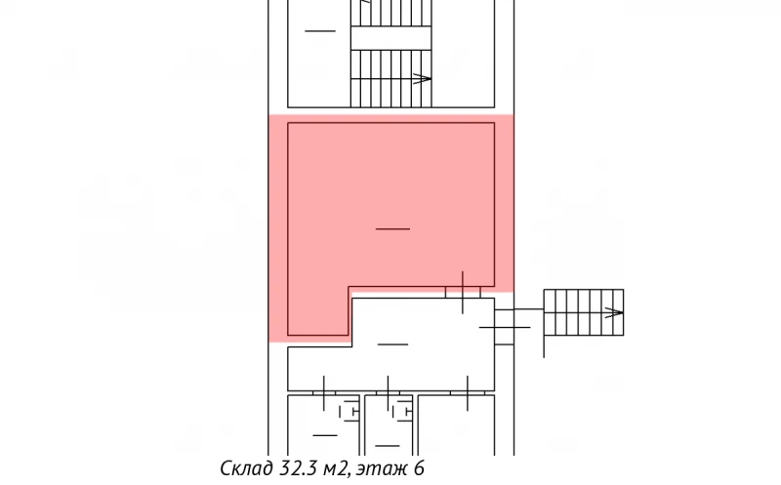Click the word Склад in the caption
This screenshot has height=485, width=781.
click(245, 469)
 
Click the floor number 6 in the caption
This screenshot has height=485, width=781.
click(420, 469)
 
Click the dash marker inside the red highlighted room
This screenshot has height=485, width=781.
click(392, 228)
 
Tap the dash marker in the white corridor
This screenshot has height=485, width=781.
click(392, 344)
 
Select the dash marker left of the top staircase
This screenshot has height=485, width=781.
click(319, 31)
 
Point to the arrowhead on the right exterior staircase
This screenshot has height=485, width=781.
click(615, 313)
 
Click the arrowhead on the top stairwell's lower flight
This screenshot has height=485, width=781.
click(423, 78)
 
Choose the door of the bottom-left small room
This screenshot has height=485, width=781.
click(323, 392)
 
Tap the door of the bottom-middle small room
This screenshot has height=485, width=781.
click(389, 392)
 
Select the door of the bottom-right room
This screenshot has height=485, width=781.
click(467, 392)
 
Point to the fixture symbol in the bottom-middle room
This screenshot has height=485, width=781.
click(401, 413)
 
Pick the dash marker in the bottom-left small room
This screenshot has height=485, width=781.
click(324, 434)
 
